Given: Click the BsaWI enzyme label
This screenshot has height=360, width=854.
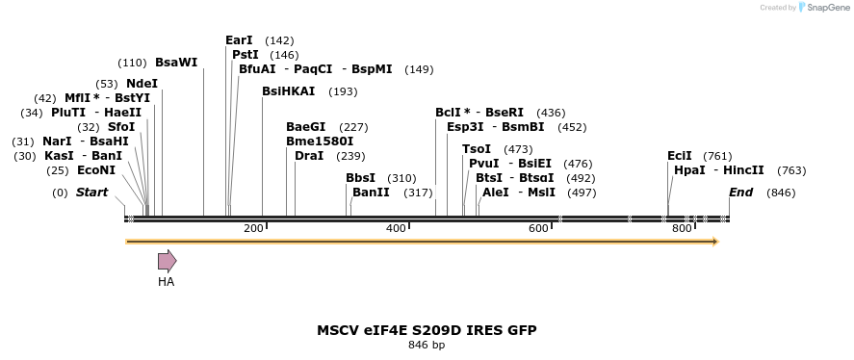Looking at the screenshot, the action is (176, 63).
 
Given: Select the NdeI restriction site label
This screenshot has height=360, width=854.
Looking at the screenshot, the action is (142, 84).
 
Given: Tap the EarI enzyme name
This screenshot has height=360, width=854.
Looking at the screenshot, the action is (239, 40).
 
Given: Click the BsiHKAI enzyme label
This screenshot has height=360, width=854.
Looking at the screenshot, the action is (288, 91).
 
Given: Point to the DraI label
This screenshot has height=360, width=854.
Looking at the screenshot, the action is (309, 156).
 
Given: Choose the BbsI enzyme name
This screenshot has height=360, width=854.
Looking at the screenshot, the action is (361, 178).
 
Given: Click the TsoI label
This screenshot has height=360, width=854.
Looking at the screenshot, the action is (477, 149).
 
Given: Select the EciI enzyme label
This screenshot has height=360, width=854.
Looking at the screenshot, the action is (680, 156).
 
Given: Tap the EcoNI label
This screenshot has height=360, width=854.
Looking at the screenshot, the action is (96, 170).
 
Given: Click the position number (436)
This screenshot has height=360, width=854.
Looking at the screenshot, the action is (551, 113).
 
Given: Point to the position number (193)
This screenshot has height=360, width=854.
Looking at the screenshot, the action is (343, 91).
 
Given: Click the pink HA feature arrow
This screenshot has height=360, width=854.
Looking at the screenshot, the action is (167, 260).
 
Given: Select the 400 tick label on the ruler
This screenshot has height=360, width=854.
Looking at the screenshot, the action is (396, 229).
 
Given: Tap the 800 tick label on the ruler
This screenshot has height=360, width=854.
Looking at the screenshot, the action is (682, 229).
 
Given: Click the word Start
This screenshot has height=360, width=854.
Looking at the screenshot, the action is (92, 193).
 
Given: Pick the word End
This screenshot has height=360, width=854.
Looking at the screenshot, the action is (740, 193).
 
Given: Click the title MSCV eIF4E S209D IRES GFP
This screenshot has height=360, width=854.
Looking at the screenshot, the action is (427, 330).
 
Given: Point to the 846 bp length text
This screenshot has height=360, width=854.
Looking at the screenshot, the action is (427, 345).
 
